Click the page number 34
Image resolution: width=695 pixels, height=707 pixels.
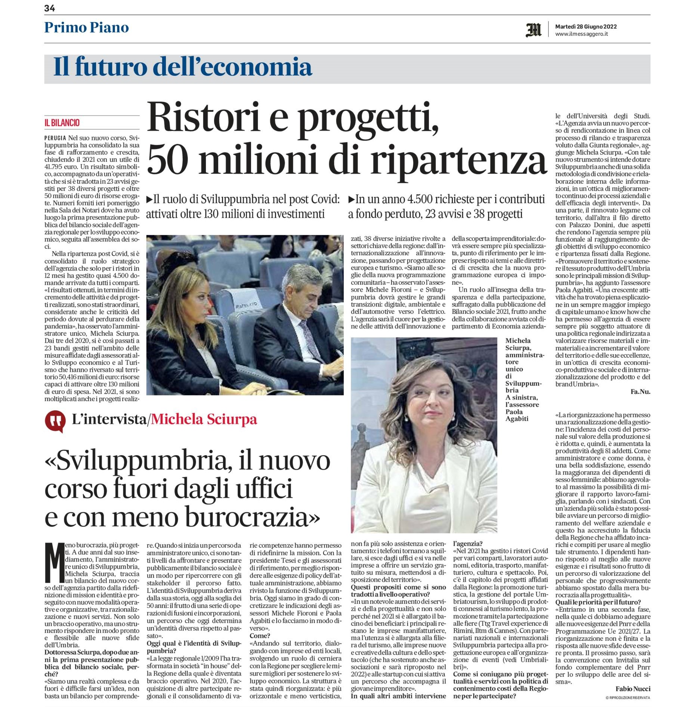[50, 8]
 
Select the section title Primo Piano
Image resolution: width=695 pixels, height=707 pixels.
[86, 28]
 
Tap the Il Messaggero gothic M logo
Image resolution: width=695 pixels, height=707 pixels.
[533, 30]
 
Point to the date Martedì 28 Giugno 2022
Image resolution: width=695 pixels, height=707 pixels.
[586, 27]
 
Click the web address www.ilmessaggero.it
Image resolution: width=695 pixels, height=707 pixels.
[581, 34]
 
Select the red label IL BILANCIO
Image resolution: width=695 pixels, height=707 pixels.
[62, 123]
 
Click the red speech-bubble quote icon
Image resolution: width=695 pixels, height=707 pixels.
[55, 420]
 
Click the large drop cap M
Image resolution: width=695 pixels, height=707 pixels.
[54, 563]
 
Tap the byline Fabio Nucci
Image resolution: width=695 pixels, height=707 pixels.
[633, 689]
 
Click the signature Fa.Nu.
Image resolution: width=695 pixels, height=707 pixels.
[640, 392]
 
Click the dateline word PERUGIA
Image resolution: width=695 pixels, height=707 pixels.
[55, 138]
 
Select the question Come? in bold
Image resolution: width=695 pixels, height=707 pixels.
[259, 636]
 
